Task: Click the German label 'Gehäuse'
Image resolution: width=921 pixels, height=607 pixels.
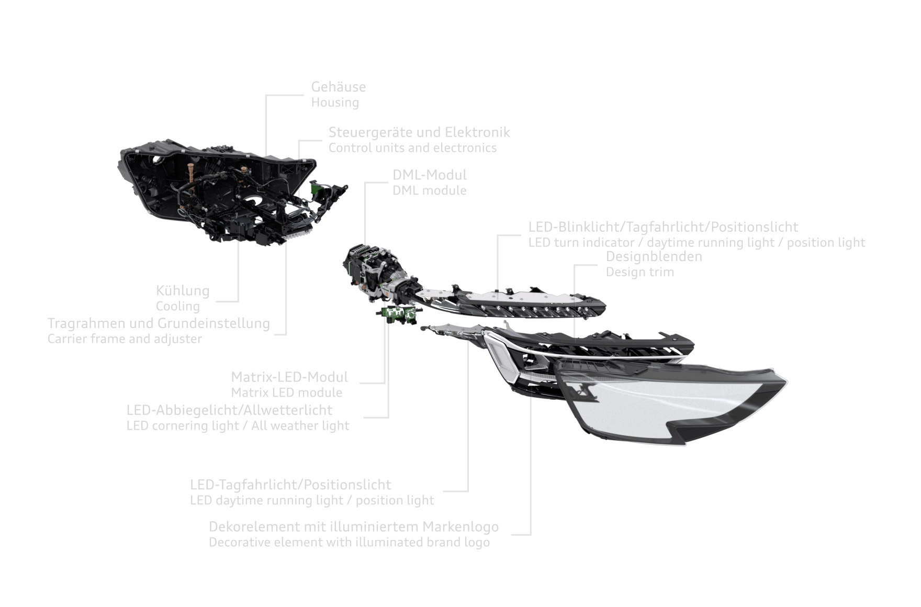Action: pyautogui.click(x=339, y=87)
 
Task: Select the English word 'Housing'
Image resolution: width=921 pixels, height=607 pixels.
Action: pyautogui.click(x=335, y=103)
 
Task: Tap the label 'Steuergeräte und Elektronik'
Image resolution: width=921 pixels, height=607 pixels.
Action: pyautogui.click(x=419, y=132)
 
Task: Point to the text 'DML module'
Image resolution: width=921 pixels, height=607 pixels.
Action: pyautogui.click(x=430, y=190)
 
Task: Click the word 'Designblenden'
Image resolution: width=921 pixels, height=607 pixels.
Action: pyautogui.click(x=654, y=256)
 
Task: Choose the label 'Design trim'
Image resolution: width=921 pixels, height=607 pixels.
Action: pyautogui.click(x=640, y=272)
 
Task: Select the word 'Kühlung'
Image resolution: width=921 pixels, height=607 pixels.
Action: pyautogui.click(x=183, y=291)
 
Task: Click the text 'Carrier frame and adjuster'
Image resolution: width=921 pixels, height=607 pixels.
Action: pyautogui.click(x=125, y=339)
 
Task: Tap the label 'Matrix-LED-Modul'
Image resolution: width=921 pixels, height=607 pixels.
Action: pyautogui.click(x=289, y=377)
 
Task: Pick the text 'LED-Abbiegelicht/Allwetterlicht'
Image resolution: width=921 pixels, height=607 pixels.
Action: pyautogui.click(x=229, y=410)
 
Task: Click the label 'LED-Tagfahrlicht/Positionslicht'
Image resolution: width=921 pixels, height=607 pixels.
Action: pyautogui.click(x=290, y=485)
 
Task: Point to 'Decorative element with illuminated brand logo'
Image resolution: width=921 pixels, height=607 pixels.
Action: pyautogui.click(x=349, y=542)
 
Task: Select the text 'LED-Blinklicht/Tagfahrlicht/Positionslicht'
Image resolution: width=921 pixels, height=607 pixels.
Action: pyautogui.click(x=663, y=227)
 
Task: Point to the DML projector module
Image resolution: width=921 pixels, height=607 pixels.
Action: pyautogui.click(x=377, y=272)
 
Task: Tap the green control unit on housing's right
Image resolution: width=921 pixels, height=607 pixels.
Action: pyautogui.click(x=316, y=188)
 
